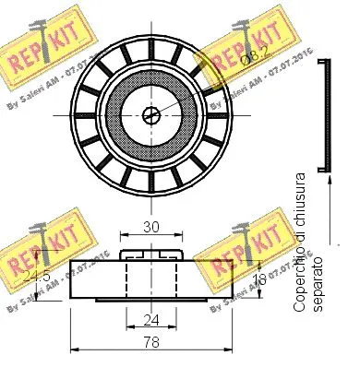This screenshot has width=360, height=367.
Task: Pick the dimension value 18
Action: pyautogui.click(x=260, y=278)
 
